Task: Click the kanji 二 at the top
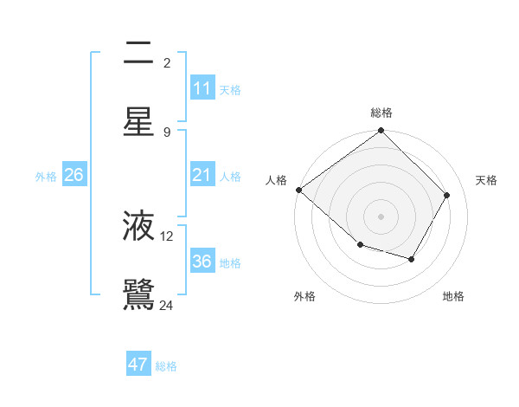pos(138,53)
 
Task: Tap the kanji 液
pos(138,225)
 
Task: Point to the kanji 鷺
pos(138,294)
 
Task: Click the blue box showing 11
pos(202,88)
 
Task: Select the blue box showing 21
pos(202,175)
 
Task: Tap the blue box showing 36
pos(202,262)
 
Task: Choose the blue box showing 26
pos(74,175)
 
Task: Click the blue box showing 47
pos(138,365)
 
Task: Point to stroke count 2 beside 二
pos(167,63)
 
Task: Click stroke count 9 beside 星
pos(167,132)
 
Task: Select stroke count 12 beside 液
pos(167,236)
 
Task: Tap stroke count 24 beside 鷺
pos(167,305)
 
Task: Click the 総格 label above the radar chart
pos(381,113)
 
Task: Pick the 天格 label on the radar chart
pos(486,180)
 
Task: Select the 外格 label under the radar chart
pos(304,296)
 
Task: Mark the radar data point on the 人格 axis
pos(298,190)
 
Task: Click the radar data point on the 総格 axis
pos(381,132)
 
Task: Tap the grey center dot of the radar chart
pos(381,216)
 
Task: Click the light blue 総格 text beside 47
pos(166,366)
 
